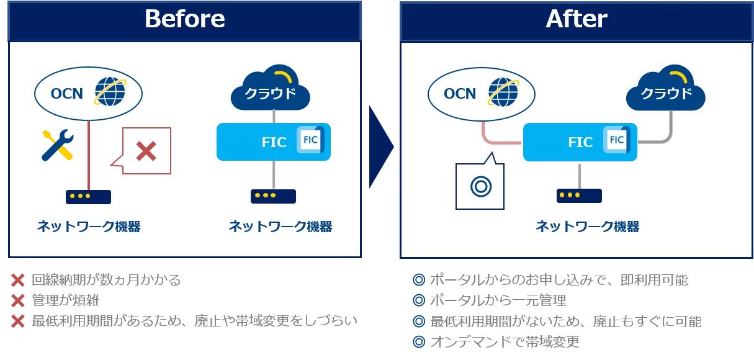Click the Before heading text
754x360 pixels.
coord(184,19)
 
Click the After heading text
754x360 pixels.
coord(576,19)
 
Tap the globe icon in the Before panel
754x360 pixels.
coord(110,91)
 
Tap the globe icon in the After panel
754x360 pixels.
coord(503,92)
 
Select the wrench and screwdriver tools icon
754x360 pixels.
coord(57,146)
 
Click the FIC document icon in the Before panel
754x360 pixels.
coord(310,140)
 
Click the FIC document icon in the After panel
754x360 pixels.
coord(617,140)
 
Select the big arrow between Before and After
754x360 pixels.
coord(379,147)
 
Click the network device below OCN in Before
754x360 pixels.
coord(88,197)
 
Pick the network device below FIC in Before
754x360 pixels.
coord(273,196)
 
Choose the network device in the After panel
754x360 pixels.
coord(580,196)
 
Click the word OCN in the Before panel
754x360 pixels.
coord(66,93)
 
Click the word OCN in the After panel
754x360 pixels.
coord(460,94)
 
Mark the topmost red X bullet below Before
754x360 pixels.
coord(18,281)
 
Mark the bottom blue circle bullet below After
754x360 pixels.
coord(419,341)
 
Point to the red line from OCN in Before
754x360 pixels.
coord(91,155)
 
